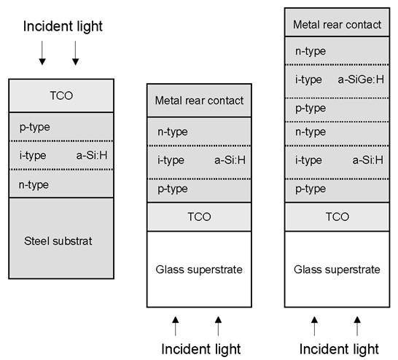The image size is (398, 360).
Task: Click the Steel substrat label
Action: point(58,241)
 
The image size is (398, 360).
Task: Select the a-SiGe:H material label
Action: point(361,79)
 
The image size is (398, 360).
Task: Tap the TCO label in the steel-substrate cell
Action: point(61,95)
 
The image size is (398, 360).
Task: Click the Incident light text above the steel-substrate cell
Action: point(63,27)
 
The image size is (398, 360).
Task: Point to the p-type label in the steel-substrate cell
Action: point(35,128)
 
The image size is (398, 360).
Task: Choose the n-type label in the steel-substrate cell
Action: point(34,185)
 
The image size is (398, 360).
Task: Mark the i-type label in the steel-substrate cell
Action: point(33,155)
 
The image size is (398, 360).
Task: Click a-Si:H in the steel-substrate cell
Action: point(92,155)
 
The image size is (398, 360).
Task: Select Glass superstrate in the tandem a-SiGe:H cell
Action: point(337,270)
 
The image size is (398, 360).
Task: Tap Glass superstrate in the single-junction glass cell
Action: point(199,270)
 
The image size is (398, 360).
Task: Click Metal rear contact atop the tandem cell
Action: point(337,25)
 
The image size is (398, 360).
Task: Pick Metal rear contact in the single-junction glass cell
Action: point(199,101)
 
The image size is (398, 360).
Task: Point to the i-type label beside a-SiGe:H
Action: point(308,80)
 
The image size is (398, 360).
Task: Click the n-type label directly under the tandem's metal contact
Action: point(311,52)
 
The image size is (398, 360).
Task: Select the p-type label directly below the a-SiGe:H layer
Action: point(311,109)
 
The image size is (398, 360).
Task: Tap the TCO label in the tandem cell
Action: point(337,217)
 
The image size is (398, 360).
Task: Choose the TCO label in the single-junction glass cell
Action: point(199,217)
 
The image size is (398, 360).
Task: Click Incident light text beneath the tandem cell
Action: point(339,349)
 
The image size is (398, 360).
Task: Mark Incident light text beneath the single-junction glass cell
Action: point(201,349)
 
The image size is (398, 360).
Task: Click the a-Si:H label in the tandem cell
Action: point(368,160)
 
